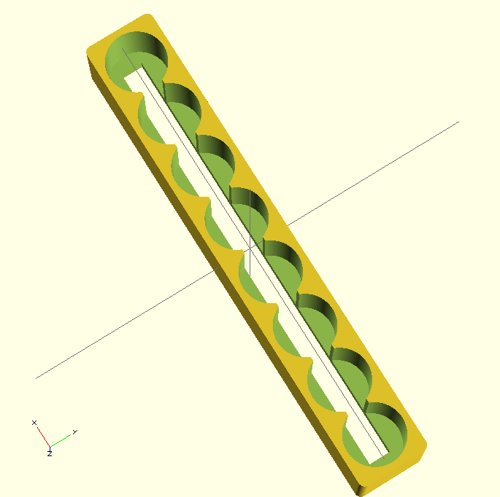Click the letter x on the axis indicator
[x=34, y=422]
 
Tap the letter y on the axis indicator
[x=74, y=431]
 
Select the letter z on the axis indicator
[x=50, y=453]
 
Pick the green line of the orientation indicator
[x=61, y=439]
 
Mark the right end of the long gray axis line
[x=458, y=122]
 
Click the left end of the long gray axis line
[x=36, y=377]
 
